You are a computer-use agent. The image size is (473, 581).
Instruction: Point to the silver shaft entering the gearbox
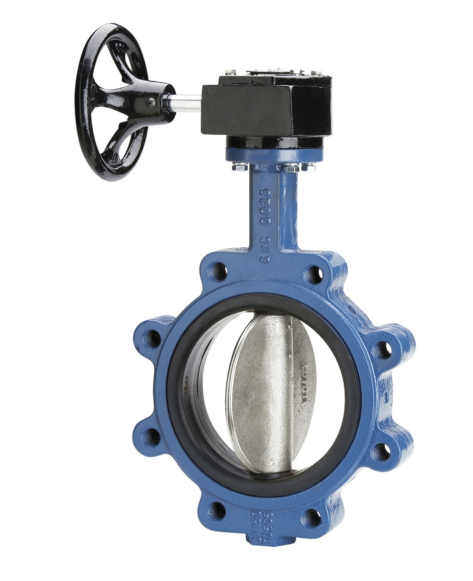pos(188,99)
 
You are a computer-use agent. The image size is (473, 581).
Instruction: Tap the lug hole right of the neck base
pos(313,274)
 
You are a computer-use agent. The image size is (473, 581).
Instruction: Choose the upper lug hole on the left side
pos(152,339)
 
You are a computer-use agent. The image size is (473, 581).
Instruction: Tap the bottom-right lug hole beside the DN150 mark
pos(312,515)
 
